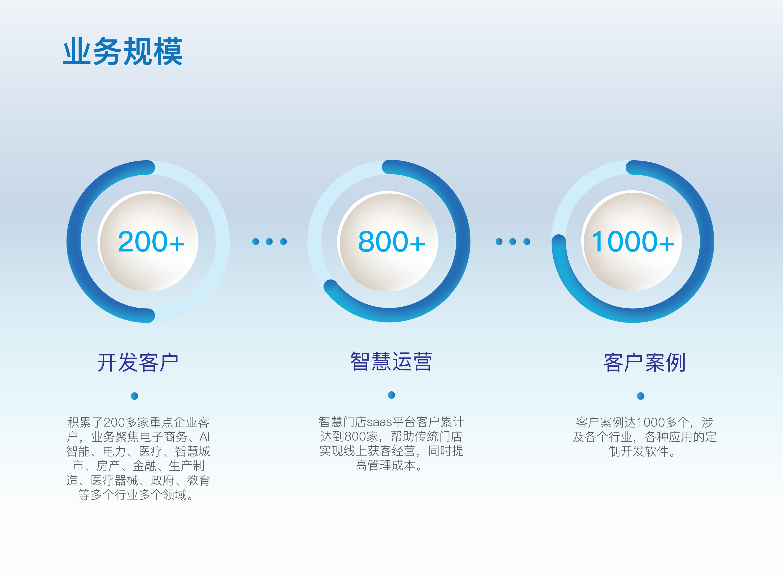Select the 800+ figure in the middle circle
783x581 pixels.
pyautogui.click(x=391, y=242)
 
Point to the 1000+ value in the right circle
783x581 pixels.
pyautogui.click(x=633, y=242)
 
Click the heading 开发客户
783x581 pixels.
pyautogui.click(x=138, y=362)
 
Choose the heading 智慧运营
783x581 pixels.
pyautogui.click(x=391, y=361)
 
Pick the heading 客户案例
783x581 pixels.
pyautogui.click(x=644, y=362)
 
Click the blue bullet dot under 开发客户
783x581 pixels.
pyautogui.click(x=134, y=396)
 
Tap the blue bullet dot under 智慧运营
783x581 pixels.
pyautogui.click(x=391, y=395)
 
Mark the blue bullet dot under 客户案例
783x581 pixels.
pyautogui.click(x=641, y=396)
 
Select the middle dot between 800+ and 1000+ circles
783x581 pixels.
pyautogui.click(x=513, y=242)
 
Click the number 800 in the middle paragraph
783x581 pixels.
pyautogui.click(x=355, y=436)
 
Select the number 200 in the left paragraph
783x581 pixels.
pyautogui.click(x=114, y=422)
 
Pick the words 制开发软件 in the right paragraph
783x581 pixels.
pyautogui.click(x=638, y=451)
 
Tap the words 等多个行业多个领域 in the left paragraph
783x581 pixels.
pyautogui.click(x=133, y=494)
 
